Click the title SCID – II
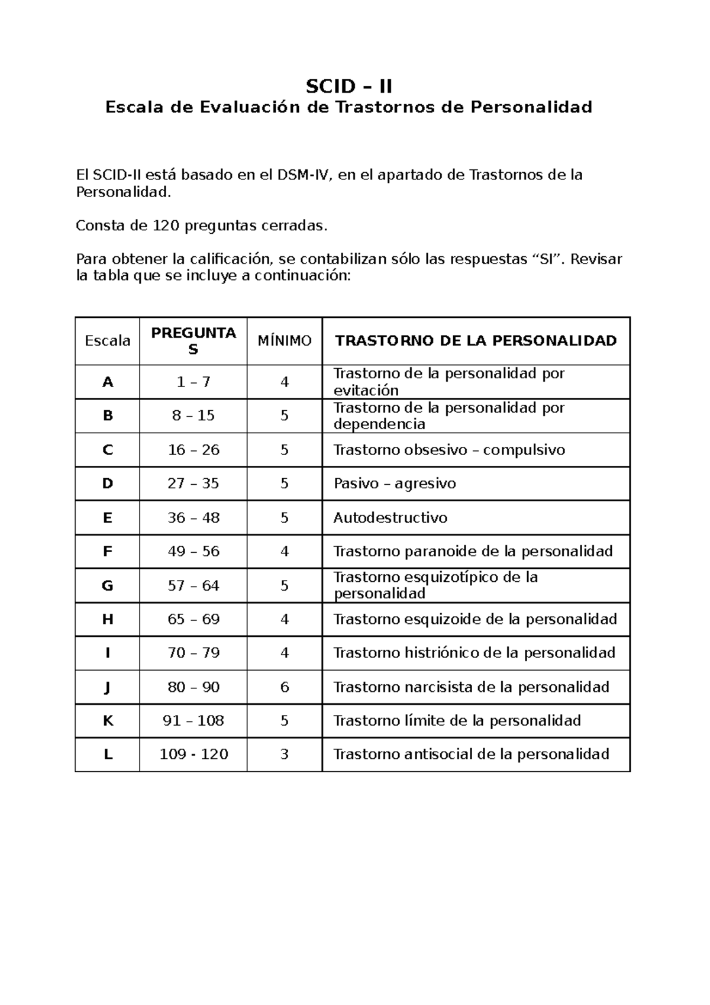348,87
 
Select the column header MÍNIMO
284,341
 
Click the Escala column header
108,341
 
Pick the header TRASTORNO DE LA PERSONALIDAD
476,340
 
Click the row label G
108,585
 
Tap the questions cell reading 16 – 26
193,450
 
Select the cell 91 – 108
193,720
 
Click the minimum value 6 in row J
285,687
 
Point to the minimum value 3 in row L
285,754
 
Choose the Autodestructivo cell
390,518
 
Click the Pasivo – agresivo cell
395,484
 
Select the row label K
108,720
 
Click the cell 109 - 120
193,754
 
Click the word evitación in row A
366,391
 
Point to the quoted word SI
548,260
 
